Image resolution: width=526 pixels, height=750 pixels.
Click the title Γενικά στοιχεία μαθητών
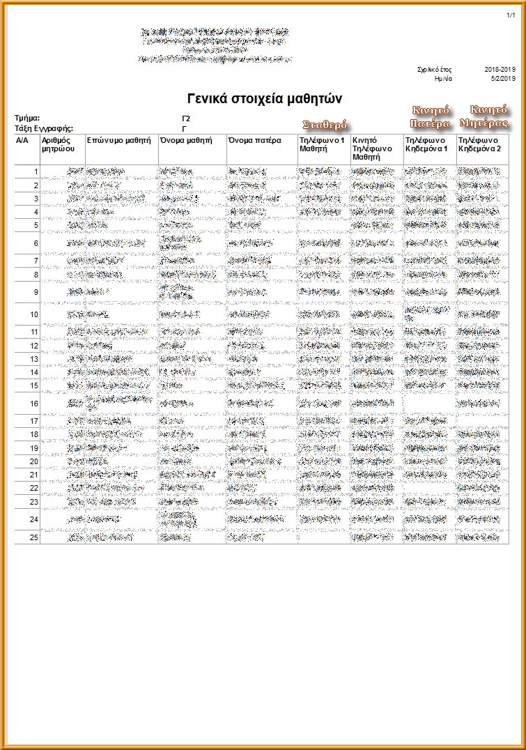264,98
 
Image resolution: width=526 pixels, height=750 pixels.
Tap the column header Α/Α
22,140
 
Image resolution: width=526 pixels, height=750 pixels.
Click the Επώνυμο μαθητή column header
119,140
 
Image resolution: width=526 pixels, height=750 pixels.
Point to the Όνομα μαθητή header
186,140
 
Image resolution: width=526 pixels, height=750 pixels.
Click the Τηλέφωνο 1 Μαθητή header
322,144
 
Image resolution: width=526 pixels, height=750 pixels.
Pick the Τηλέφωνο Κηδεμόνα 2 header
480,144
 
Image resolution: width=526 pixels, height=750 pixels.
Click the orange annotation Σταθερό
325,125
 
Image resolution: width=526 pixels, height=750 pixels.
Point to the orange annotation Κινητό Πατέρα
430,116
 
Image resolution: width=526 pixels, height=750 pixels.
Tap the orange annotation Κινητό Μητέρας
484,116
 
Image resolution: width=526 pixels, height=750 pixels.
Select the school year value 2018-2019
500,70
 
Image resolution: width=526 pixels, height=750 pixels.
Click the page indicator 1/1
511,15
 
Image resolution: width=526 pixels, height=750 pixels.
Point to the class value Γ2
186,118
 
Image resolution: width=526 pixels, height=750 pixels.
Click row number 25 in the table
33,537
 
